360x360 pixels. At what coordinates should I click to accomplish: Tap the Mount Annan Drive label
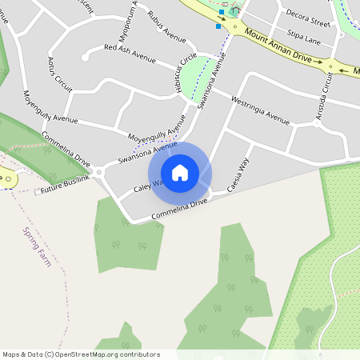click(x=278, y=46)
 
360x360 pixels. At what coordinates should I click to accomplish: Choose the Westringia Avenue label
click(x=259, y=110)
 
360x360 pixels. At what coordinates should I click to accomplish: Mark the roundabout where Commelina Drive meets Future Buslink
click(x=98, y=171)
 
